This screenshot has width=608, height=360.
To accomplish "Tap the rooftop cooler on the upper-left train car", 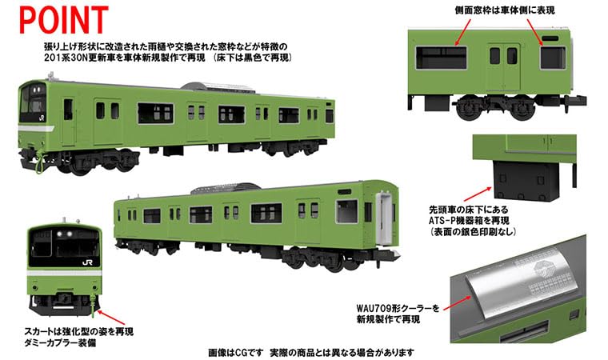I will pyautogui.click(x=198, y=86).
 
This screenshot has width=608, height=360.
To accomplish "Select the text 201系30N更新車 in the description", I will pyautogui.click(x=84, y=59).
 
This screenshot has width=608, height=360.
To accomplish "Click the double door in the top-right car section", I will pyautogui.click(x=502, y=59).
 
